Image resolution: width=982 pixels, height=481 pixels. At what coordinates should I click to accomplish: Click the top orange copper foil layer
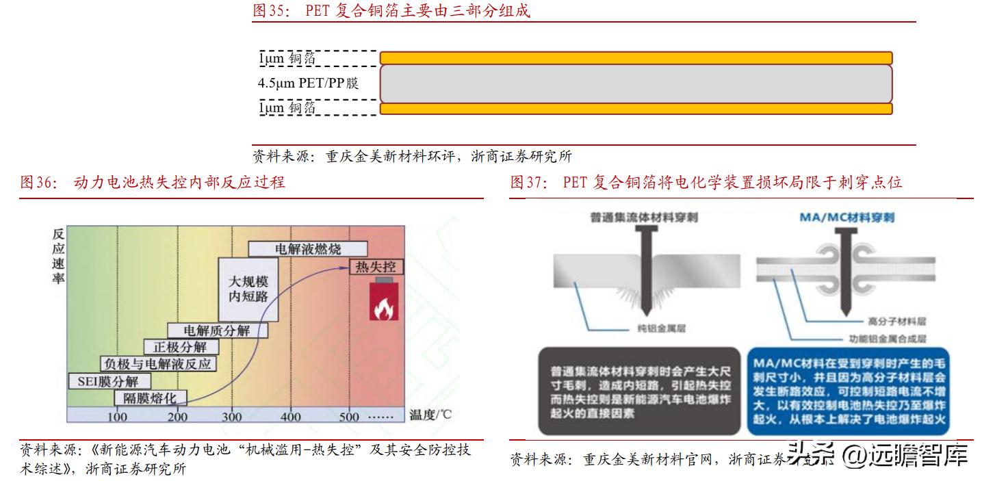[636, 57]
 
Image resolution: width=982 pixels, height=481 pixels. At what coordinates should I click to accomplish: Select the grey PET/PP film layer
[636, 83]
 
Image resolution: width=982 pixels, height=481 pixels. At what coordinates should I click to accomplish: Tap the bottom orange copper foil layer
[636, 109]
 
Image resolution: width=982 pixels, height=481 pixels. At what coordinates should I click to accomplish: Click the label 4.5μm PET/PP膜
[308, 83]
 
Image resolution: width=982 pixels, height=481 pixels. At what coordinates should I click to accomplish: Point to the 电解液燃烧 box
[308, 248]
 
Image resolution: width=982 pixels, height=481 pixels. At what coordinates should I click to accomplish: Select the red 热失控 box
[377, 267]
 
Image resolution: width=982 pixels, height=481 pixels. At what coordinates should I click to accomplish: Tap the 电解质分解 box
[217, 331]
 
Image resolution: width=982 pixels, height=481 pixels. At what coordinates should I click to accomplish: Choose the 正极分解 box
[170, 347]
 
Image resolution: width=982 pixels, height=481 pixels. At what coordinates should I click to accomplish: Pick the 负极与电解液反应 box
[157, 363]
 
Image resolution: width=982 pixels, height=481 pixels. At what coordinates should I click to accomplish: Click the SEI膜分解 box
[109, 381]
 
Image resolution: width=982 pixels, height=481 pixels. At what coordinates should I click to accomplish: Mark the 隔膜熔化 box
[150, 398]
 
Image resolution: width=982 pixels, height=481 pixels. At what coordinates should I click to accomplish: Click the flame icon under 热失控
[383, 305]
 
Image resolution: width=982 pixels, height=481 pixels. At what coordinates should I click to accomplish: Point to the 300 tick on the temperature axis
[232, 416]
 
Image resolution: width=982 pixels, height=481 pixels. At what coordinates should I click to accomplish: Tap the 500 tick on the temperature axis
[349, 416]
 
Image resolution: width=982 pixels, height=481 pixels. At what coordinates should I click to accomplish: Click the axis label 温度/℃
[430, 415]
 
